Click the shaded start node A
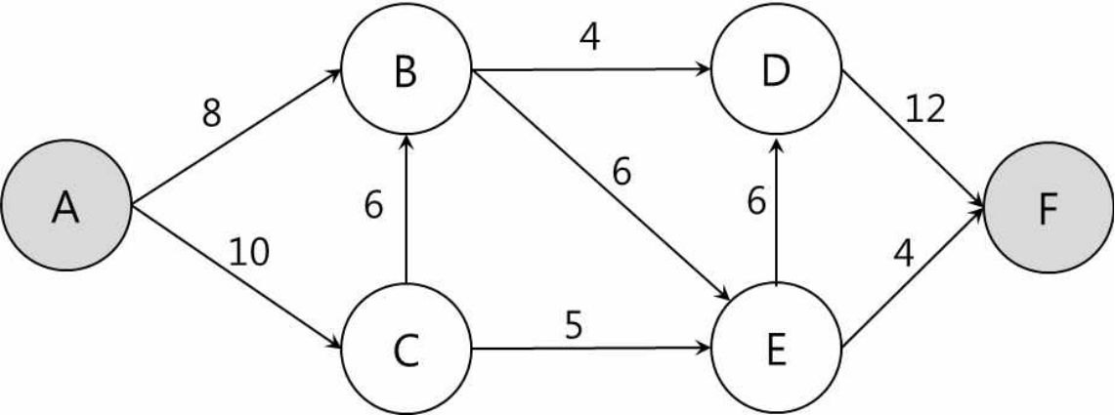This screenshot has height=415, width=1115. (65, 205)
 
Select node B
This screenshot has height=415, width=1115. (407, 69)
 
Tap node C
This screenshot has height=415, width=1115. (407, 349)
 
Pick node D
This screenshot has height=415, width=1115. (776, 69)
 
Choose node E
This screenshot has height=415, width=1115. (776, 349)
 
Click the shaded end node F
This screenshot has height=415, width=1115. (1049, 208)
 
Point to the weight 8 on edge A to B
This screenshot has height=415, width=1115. (211, 113)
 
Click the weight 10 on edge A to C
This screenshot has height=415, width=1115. (249, 252)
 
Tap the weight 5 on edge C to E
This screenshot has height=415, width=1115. (574, 325)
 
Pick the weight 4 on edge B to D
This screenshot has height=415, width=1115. (589, 39)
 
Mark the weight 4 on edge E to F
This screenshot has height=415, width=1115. (903, 254)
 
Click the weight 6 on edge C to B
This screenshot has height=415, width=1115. (373, 206)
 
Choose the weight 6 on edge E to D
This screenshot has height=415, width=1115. (756, 203)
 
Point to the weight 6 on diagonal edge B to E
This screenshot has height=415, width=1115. (622, 173)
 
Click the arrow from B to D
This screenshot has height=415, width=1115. (591, 69)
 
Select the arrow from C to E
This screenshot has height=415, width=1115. (591, 349)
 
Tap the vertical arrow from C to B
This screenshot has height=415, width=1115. (407, 210)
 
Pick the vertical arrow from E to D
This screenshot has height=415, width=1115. (776, 210)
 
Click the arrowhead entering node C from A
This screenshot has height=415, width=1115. (334, 343)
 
